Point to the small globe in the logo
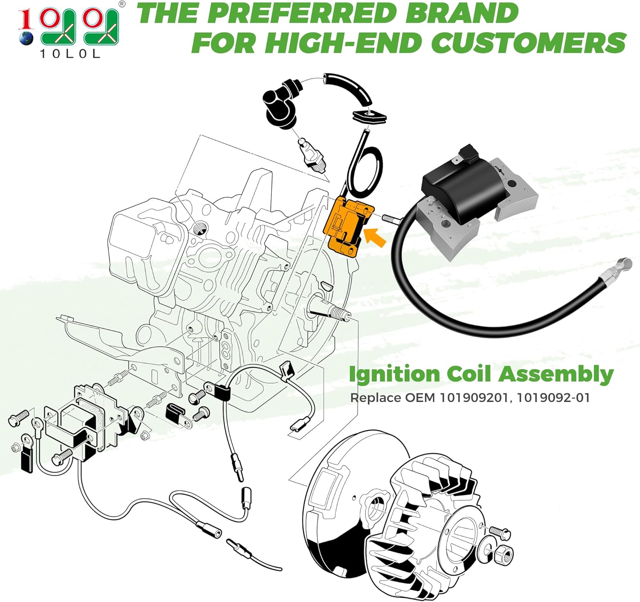click(26, 38)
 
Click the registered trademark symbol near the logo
click(122, 4)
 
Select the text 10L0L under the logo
click(70, 54)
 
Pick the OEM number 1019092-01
click(553, 398)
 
